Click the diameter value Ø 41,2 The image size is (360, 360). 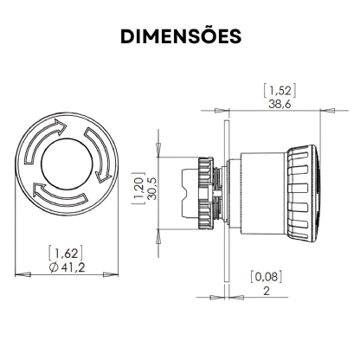[x=67, y=267]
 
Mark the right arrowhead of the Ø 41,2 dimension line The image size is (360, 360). [x=110, y=274]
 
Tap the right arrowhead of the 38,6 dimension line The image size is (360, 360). [x=330, y=111]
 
